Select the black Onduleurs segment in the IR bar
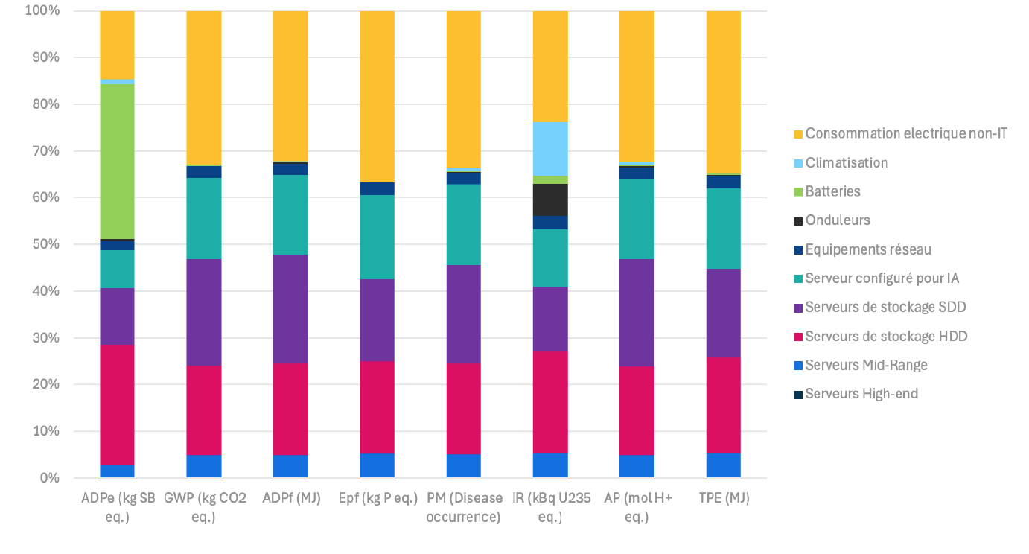pyautogui.click(x=550, y=200)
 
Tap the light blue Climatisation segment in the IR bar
pyautogui.click(x=550, y=148)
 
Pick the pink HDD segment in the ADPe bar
pyautogui.click(x=117, y=404)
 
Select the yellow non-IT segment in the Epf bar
pyautogui.click(x=377, y=97)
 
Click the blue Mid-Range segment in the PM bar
pyautogui.click(x=463, y=465)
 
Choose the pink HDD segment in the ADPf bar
pyautogui.click(x=290, y=409)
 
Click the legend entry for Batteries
pyautogui.click(x=832, y=191)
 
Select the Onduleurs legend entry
pyautogui.click(x=838, y=220)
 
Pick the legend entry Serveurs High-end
pyautogui.click(x=861, y=394)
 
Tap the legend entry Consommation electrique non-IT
pyautogui.click(x=906, y=134)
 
